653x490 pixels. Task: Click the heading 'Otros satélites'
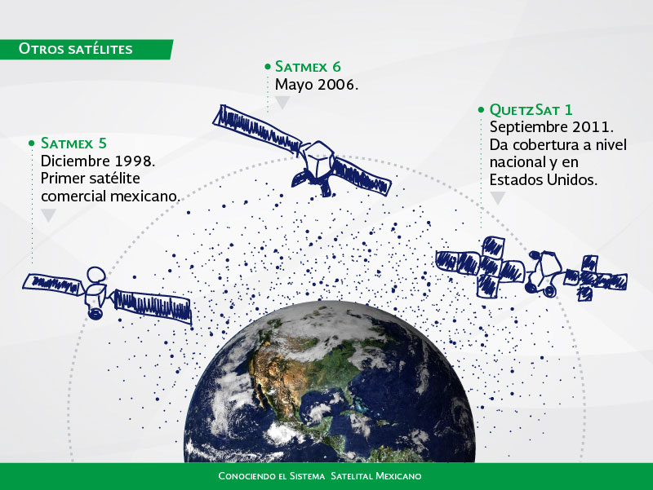point(75,49)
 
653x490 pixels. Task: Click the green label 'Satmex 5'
point(73,143)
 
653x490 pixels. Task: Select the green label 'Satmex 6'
point(308,67)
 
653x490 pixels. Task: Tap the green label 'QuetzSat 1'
point(531,110)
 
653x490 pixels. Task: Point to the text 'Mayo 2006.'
point(317,85)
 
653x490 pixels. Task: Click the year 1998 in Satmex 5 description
point(135,161)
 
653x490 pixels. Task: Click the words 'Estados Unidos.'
point(544,179)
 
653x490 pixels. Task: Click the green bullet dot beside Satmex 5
point(32,143)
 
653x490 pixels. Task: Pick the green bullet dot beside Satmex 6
point(268,67)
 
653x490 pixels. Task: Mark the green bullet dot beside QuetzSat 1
point(481,110)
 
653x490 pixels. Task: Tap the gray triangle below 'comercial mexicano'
point(48,215)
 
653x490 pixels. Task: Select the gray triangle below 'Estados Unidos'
point(498,198)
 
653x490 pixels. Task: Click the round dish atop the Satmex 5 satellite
point(96,274)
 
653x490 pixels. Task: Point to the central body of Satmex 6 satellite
point(318,162)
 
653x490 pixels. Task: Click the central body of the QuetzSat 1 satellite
point(544,271)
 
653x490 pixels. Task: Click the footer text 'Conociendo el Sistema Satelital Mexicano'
point(320,476)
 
